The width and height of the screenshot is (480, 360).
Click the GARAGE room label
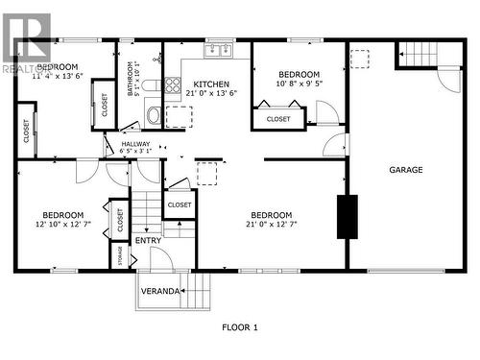coord(405,170)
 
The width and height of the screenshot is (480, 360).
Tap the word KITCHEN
coord(210,84)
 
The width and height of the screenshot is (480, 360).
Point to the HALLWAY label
coord(134,144)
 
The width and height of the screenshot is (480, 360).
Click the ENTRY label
coord(148,241)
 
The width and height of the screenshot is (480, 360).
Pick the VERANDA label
coord(159,291)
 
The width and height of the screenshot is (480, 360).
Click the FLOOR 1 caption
coord(239,328)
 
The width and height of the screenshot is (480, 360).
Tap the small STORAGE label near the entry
coord(118,257)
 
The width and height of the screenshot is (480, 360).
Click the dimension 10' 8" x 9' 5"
coord(298,84)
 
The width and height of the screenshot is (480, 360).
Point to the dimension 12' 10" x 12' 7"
coord(62,225)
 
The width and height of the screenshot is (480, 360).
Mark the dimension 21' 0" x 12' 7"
coord(272,225)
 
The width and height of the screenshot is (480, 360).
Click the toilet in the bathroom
coord(154,115)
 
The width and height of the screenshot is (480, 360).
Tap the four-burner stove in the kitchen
coord(172,85)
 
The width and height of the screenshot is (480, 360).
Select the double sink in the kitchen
coord(219,48)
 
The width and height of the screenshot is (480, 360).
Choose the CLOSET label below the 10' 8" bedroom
coord(278,119)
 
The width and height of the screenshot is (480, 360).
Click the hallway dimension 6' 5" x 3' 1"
coord(135,151)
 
